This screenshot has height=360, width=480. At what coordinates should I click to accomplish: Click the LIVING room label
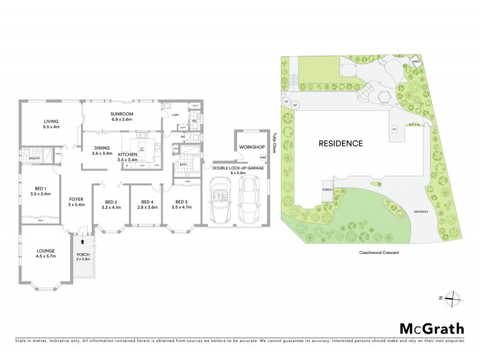[x=51, y=121]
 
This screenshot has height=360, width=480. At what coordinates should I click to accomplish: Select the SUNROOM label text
[x=121, y=113]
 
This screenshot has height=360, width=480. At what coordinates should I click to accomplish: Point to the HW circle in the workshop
[x=262, y=158]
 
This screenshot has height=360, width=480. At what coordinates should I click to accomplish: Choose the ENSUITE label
[x=34, y=158]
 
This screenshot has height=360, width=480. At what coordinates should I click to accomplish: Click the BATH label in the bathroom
[x=183, y=164]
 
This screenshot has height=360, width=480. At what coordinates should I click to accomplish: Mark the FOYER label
[x=76, y=199]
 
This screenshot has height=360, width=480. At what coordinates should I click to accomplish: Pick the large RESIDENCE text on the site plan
[x=341, y=144]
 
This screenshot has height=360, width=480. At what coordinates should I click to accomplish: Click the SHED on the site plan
[x=416, y=61]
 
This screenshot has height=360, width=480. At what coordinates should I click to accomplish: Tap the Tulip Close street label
[x=273, y=143]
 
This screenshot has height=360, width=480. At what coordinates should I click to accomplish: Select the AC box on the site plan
[x=394, y=128]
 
